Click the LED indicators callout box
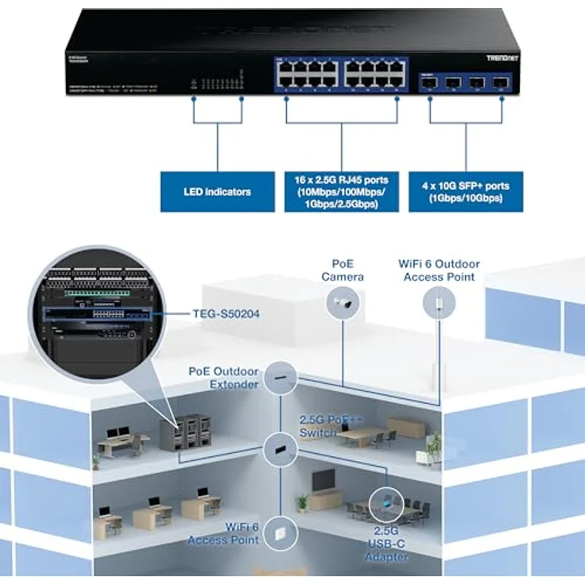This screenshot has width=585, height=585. [217, 192]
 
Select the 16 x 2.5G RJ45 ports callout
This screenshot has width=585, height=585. [341, 192]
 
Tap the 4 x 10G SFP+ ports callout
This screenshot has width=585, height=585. [466, 192]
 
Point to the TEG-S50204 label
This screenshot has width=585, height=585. [226, 314]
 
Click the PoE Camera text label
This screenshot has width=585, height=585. [343, 270]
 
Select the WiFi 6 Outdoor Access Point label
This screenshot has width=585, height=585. [439, 270]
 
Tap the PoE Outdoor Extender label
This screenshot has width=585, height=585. [223, 378]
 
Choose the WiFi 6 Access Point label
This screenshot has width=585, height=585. [223, 534]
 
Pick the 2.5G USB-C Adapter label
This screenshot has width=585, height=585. [387, 544]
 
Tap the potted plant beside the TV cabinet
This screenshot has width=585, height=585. [302, 503]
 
